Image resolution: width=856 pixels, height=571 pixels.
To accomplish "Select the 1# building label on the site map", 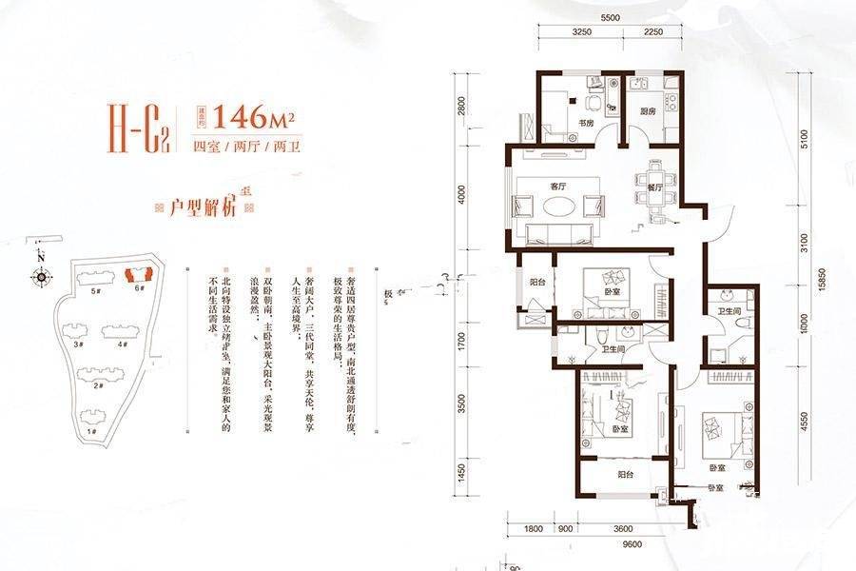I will (91, 431).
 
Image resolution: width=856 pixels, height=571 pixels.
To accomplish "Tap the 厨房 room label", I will (647, 111).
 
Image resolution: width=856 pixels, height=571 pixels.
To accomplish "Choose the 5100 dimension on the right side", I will (807, 140).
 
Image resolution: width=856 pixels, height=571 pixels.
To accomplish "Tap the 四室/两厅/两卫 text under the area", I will (241, 147).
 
